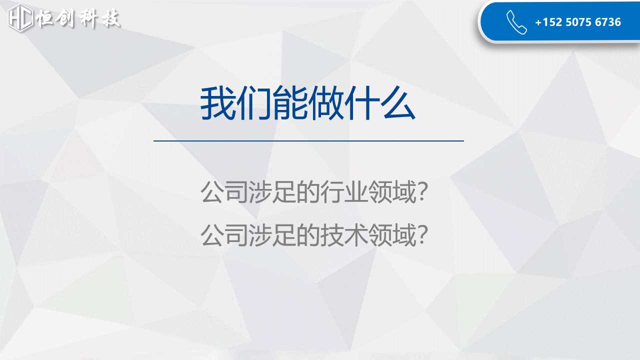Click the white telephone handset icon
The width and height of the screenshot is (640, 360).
(516, 22)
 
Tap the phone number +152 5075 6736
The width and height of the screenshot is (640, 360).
(578, 22)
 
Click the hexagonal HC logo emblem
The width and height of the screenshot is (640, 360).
(20, 17)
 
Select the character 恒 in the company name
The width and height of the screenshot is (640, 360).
(45, 18)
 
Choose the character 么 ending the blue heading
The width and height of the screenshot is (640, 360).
(398, 103)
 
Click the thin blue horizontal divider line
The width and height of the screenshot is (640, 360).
(308, 141)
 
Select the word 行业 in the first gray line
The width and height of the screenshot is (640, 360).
(344, 191)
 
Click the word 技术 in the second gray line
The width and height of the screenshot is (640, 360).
(344, 235)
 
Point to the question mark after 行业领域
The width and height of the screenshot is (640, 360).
(422, 191)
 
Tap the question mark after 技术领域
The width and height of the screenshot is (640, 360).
(422, 235)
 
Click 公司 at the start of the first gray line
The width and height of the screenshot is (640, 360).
(224, 191)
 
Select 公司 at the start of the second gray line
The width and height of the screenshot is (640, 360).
(224, 235)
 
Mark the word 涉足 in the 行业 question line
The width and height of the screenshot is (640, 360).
(272, 191)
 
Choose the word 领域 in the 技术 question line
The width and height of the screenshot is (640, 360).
(392, 235)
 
